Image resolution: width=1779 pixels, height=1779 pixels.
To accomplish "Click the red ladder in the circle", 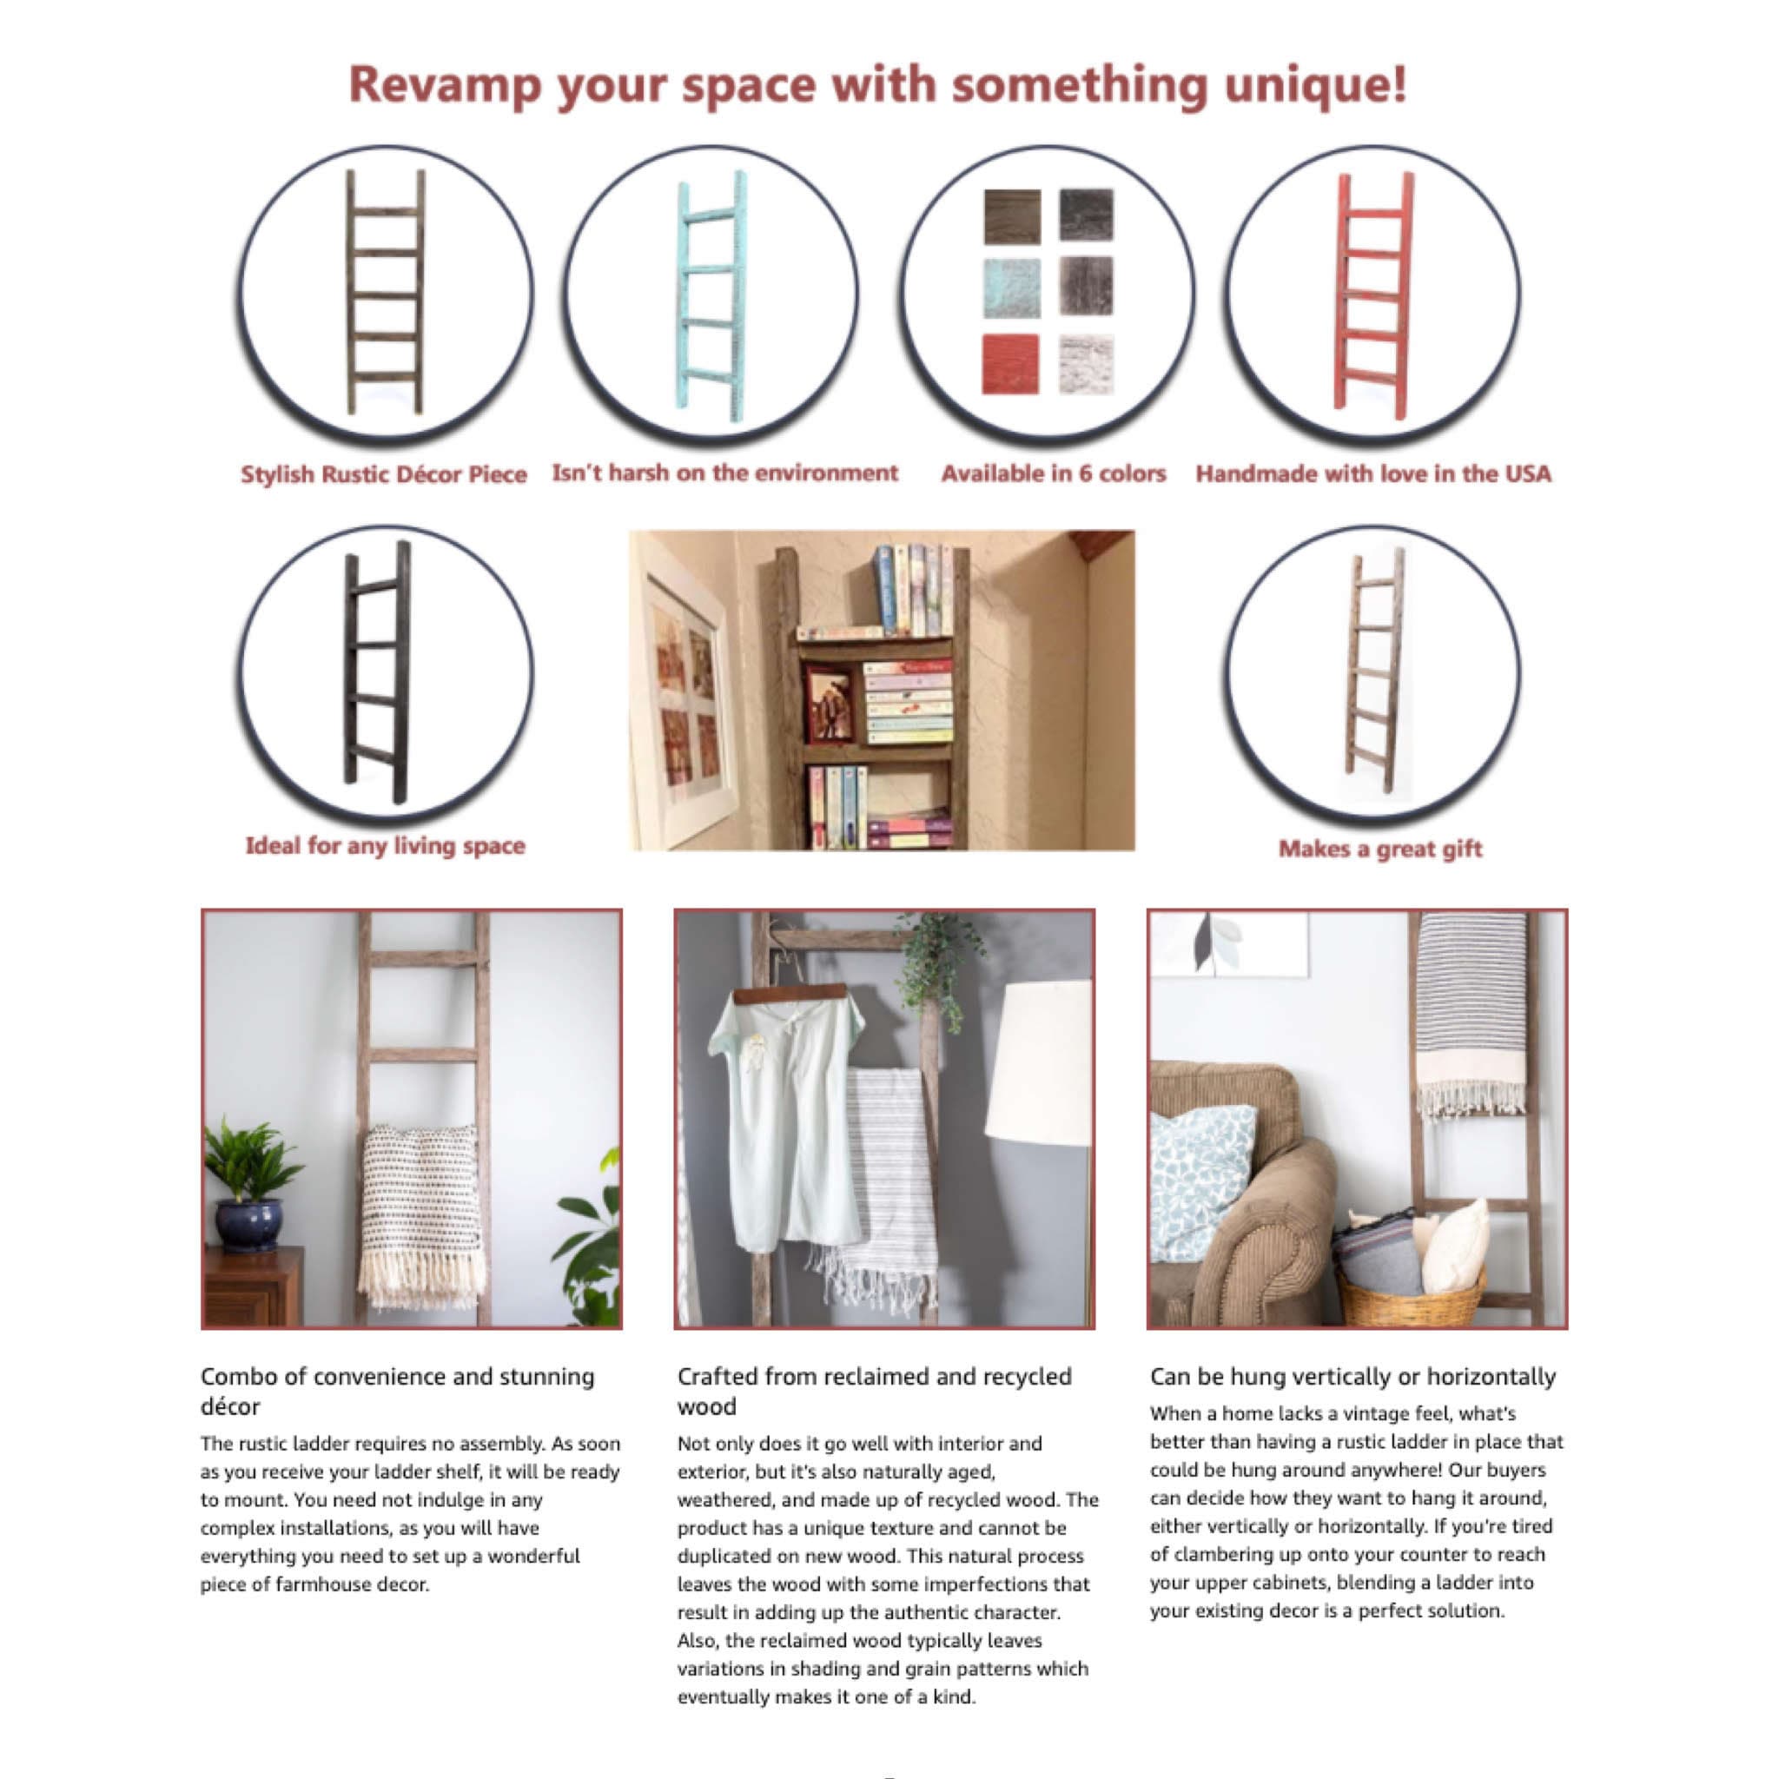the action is coord(1374,294).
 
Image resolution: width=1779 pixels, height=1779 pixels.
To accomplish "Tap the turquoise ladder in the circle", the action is coord(711,294).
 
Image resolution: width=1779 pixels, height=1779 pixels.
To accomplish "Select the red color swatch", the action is coord(1010,364).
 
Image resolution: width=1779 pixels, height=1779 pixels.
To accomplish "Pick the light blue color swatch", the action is coord(1012,288).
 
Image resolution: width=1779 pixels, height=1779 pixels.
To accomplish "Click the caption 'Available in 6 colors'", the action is coord(1054,473).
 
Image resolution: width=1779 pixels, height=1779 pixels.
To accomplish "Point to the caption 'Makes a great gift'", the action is coord(1379,849).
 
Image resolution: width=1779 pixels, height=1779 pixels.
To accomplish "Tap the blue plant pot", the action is coord(248,1224).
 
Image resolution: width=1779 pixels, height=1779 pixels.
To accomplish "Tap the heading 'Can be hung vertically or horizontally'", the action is coord(1352,1377).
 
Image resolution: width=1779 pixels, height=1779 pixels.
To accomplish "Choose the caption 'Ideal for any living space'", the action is coord(385,845).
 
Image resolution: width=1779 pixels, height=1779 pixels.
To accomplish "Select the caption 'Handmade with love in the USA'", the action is coord(1373,473).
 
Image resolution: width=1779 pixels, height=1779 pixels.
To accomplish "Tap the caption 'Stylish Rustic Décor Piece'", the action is coord(383,474).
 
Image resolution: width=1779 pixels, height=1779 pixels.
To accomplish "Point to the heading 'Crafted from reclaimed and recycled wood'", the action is coord(875,1392).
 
